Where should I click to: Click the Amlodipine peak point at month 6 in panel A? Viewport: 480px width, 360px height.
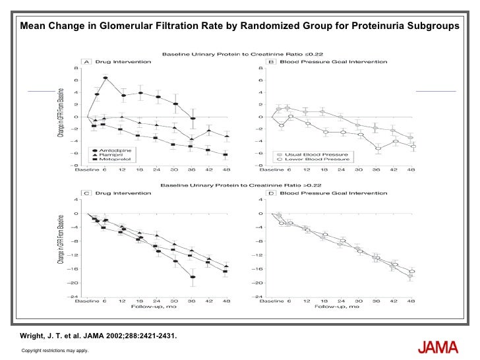[x=105, y=78]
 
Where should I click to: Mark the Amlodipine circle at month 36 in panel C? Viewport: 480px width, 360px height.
[x=193, y=277]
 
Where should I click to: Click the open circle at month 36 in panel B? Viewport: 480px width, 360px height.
[x=378, y=149]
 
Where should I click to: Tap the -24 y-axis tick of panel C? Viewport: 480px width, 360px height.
[x=76, y=296]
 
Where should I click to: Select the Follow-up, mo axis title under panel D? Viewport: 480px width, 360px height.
[x=336, y=307]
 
